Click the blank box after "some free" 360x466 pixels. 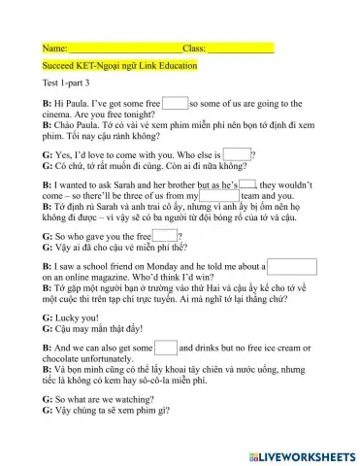coord(175,102)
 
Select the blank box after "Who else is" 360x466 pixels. coord(237,152)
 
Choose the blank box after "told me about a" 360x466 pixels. coord(291,265)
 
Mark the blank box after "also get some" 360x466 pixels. coord(165,347)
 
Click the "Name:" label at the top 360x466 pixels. coord(55,48)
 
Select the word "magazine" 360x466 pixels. coord(132,276)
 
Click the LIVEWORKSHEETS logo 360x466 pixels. coord(296,454)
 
